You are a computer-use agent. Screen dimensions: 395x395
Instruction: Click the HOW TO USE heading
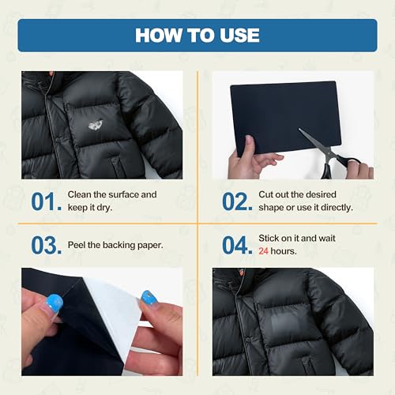pyautogui.click(x=197, y=35)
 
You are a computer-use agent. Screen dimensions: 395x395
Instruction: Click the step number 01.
pyautogui.click(x=47, y=201)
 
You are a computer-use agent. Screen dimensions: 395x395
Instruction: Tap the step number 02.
pyautogui.click(x=236, y=201)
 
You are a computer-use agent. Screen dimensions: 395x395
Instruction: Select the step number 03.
pyautogui.click(x=47, y=245)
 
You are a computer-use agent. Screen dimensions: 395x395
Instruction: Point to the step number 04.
pyautogui.click(x=237, y=245)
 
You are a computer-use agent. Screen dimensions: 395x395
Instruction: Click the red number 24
pyautogui.click(x=266, y=250)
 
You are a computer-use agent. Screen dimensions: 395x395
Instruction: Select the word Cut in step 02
pyautogui.click(x=267, y=194)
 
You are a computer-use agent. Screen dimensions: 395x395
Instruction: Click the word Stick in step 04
pyautogui.click(x=270, y=238)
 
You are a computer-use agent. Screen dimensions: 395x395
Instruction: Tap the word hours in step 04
pyautogui.click(x=286, y=250)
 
